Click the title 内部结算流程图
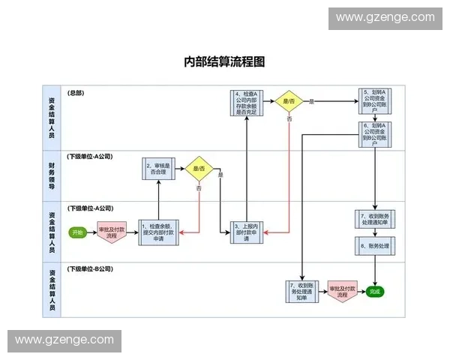(x=225, y=62)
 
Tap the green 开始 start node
(x=77, y=232)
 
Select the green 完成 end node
(x=375, y=291)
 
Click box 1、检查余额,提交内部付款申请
(x=158, y=232)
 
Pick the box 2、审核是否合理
(x=159, y=169)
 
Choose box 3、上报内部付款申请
(x=246, y=232)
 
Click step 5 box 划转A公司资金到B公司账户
(x=373, y=100)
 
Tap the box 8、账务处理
(x=373, y=245)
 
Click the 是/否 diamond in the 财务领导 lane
(x=199, y=169)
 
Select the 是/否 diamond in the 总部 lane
(x=289, y=100)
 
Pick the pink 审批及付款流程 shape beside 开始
(x=112, y=232)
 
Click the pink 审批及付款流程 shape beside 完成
(x=342, y=291)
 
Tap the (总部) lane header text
(x=76, y=93)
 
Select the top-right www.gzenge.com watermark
(x=385, y=17)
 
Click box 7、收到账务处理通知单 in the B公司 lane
(x=301, y=291)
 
